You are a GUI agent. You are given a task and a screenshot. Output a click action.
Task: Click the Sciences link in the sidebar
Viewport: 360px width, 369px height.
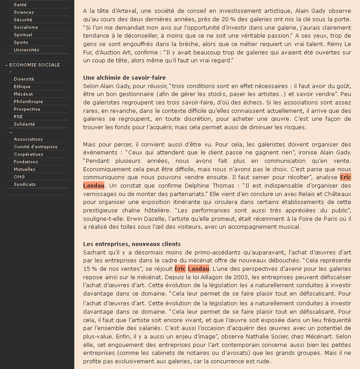click(x=23, y=12)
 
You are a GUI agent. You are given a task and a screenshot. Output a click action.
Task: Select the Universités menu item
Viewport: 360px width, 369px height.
click(x=26, y=50)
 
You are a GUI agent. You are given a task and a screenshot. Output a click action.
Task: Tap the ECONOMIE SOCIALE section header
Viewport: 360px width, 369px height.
click(x=34, y=65)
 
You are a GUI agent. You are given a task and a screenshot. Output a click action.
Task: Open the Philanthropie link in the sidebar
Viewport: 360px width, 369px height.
click(x=28, y=102)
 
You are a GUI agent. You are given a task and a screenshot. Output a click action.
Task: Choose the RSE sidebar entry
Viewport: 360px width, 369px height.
click(x=18, y=117)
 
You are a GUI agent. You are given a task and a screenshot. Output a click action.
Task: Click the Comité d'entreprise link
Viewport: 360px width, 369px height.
click(x=35, y=147)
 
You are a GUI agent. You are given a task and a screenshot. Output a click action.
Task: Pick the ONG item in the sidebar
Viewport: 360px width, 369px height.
click(x=19, y=177)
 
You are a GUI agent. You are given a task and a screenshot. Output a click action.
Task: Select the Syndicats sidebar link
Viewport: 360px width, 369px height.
click(x=25, y=184)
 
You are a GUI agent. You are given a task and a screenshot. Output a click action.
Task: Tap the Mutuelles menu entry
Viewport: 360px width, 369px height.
click(x=24, y=169)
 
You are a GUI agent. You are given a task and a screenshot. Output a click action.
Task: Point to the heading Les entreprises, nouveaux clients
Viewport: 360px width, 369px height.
click(x=132, y=244)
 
